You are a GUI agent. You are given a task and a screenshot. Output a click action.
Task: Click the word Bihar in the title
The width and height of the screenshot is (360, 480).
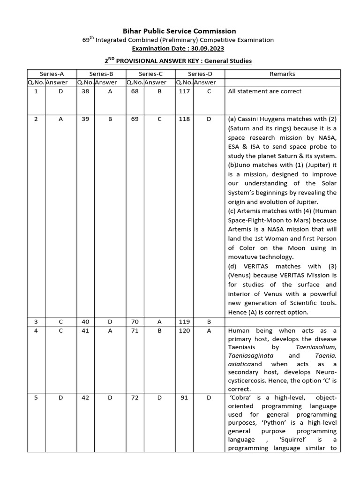(132, 31)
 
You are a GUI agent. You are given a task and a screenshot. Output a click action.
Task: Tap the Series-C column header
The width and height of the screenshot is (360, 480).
(150, 74)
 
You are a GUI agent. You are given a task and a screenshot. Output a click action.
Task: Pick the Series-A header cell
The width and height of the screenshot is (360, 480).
(52, 74)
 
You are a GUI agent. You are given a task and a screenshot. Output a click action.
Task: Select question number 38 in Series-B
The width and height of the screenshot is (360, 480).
(85, 91)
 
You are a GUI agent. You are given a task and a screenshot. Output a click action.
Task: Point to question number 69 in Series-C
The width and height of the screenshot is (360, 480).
(135, 119)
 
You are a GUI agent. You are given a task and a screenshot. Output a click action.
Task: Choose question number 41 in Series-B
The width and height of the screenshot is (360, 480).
(85, 330)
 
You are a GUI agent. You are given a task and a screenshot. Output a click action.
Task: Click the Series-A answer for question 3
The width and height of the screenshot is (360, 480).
(60, 322)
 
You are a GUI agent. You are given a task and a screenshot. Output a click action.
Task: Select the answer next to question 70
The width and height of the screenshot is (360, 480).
(159, 322)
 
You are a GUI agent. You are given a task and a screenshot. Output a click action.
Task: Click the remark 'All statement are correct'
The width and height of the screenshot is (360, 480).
(264, 91)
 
